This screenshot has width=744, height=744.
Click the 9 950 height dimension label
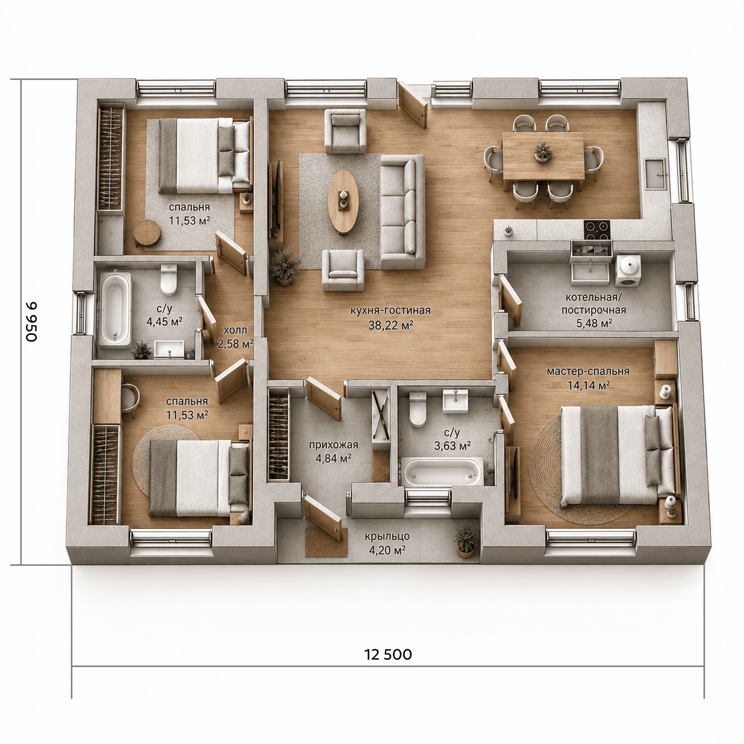coord(31,321)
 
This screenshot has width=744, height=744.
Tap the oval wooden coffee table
coord(343,202)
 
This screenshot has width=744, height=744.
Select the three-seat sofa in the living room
coord(402,212)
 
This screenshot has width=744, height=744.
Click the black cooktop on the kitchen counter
coord(597,231)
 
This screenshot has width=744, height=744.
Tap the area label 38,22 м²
coord(391,325)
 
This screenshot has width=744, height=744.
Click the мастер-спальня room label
coord(588,372)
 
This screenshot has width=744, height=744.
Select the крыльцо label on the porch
coord(387,536)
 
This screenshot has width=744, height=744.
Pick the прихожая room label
coord(334,445)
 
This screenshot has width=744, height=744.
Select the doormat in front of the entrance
coord(326,542)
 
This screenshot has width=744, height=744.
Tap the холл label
coord(235,330)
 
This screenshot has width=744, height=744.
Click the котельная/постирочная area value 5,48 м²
coord(594,323)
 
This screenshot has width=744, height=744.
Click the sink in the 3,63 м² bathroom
coord(455,400)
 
